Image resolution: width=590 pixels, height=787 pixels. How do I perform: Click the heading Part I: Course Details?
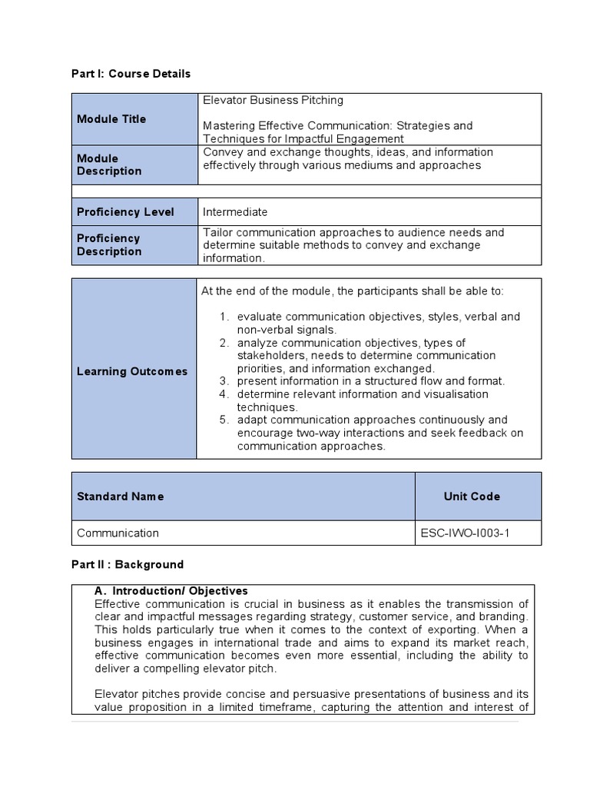tap(131, 74)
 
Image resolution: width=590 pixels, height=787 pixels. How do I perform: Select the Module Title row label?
tap(111, 119)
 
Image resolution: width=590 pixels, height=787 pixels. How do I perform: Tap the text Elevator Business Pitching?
tap(273, 100)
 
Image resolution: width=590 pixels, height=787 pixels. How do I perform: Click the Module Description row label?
tap(109, 164)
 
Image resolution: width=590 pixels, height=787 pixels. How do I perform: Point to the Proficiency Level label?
tap(125, 212)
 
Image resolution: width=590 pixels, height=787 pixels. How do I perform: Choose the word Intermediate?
tap(235, 212)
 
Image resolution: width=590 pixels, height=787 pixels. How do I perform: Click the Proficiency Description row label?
tap(109, 244)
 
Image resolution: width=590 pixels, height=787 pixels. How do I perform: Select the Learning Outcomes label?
tap(132, 371)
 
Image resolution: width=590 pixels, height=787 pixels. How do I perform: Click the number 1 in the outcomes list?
tap(223, 317)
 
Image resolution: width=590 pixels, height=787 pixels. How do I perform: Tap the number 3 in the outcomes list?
tap(223, 380)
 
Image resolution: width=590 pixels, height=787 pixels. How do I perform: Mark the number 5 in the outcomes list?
tap(223, 420)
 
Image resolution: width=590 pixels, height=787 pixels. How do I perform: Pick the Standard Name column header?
tap(120, 496)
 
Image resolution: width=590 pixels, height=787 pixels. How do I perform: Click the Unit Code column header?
tap(472, 496)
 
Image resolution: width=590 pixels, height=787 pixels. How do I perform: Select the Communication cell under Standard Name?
tap(118, 533)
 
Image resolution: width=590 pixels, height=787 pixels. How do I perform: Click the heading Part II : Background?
tap(128, 564)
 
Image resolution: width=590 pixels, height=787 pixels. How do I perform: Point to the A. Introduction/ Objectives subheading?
tap(171, 591)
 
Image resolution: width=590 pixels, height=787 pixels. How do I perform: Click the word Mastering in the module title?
tap(228, 125)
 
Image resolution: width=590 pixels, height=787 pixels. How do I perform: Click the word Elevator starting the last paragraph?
tap(116, 694)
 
